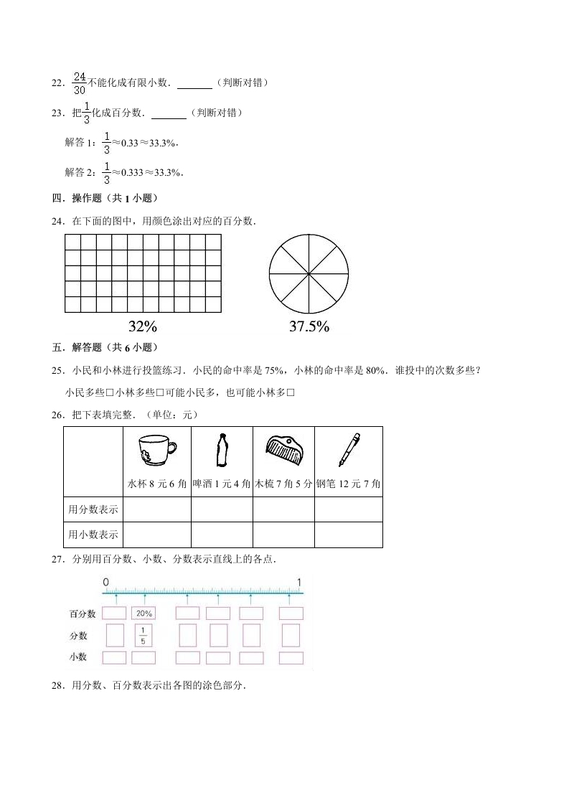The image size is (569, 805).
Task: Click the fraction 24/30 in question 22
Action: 80,83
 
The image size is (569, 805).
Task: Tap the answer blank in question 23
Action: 169,113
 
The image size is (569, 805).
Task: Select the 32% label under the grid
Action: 142,326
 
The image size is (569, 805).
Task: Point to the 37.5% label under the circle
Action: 309,326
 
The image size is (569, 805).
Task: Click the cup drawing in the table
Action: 156,452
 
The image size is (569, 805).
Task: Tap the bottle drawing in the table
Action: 222,451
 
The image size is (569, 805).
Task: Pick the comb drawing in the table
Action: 283,448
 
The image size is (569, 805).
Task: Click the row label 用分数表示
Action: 93,509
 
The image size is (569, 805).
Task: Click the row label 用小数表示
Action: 93,535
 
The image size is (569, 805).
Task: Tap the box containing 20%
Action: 144,613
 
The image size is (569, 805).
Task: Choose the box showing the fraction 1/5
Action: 144,635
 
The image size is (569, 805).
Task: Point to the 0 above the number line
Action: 105,581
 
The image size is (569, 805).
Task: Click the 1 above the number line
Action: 299,581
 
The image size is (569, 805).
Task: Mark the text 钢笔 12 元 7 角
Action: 348,484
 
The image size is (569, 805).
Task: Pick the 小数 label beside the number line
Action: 78,656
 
